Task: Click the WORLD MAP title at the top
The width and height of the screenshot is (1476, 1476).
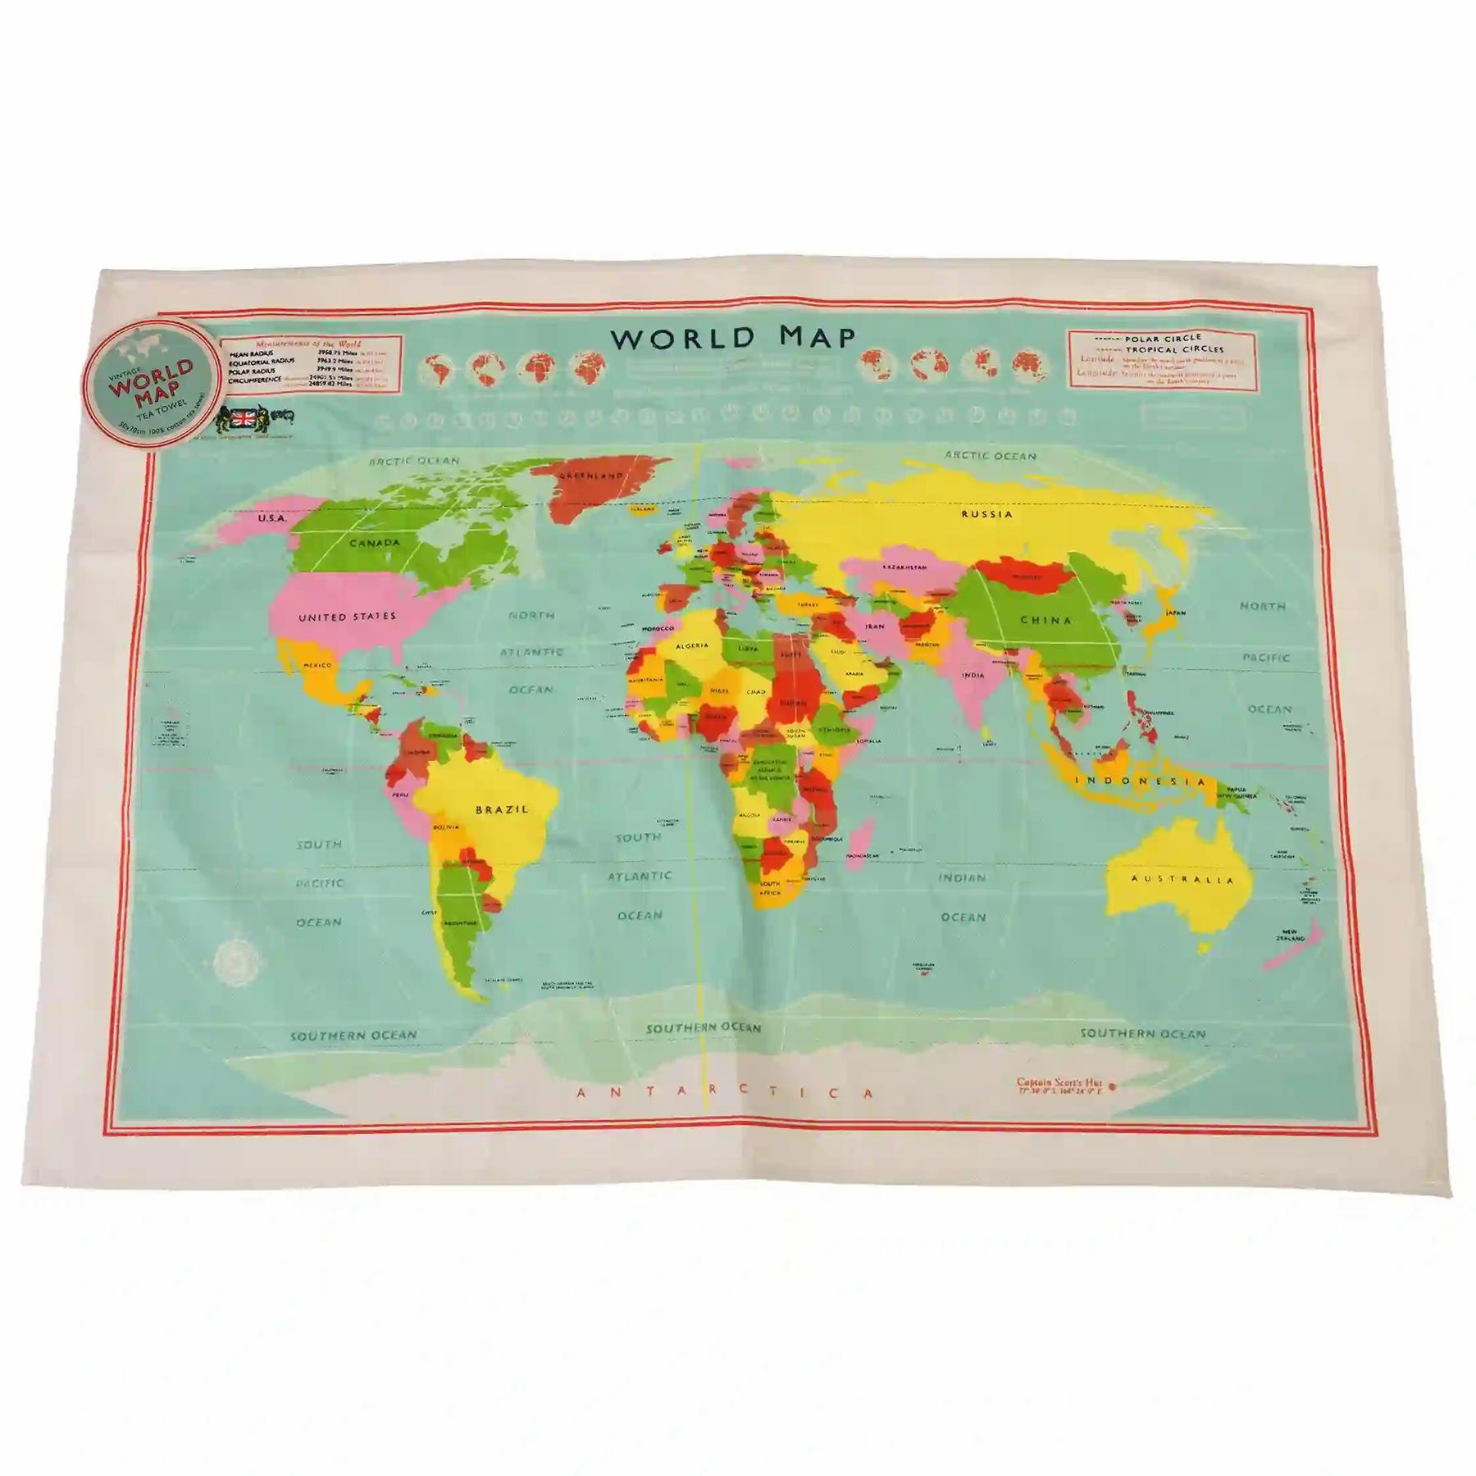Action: [733, 338]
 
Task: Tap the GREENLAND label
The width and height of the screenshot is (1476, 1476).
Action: [590, 476]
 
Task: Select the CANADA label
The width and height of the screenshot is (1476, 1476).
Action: [374, 543]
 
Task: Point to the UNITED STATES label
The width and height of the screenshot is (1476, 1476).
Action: [347, 617]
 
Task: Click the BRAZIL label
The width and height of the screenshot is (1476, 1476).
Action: [502, 809]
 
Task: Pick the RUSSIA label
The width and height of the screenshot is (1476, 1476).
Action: [986, 514]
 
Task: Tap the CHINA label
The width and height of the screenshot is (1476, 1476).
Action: [1045, 621]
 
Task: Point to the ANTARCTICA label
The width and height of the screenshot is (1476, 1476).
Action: [725, 1093]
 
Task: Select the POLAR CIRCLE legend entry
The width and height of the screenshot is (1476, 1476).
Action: [1162, 338]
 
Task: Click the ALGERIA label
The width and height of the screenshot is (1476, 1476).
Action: [691, 646]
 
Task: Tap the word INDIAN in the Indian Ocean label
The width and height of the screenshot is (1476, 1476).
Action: [962, 877]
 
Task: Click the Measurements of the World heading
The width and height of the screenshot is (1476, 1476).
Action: [308, 344]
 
